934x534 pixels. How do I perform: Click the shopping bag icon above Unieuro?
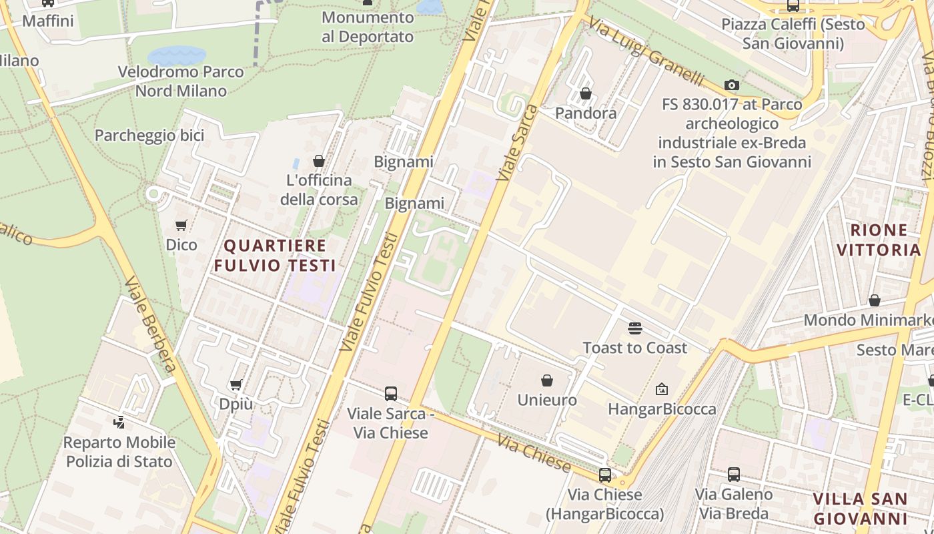(547, 380)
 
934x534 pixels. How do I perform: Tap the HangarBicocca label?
(662, 409)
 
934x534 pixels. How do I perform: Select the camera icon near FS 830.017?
(732, 85)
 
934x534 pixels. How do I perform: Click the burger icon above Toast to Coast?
(634, 328)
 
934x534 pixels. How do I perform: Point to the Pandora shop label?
(586, 113)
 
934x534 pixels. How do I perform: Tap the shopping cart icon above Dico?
(181, 225)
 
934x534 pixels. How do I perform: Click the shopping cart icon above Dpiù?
(236, 384)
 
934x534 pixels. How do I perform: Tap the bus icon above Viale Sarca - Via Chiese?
(391, 394)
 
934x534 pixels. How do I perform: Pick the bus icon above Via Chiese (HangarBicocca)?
(604, 475)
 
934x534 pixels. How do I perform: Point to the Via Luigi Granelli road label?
(646, 51)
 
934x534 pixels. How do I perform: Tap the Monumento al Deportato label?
(368, 27)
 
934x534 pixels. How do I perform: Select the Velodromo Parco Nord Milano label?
(181, 81)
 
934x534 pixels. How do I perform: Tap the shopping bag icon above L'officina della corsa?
(319, 161)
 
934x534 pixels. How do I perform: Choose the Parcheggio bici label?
(149, 136)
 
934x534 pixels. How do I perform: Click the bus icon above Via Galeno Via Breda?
(734, 475)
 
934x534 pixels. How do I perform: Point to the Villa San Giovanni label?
(861, 509)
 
